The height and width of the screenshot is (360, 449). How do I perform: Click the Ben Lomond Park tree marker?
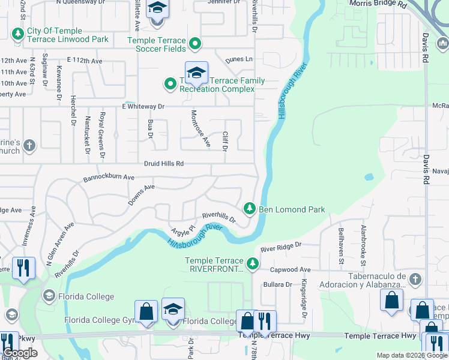click(x=250, y=209)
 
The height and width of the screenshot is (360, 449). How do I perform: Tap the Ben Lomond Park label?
click(x=292, y=209)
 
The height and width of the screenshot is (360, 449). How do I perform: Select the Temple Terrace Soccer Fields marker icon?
click(x=194, y=43)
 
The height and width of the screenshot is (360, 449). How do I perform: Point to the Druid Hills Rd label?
click(x=163, y=164)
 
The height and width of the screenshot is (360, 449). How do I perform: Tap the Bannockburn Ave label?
click(x=109, y=178)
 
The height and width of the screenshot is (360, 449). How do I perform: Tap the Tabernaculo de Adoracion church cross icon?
click(x=415, y=278)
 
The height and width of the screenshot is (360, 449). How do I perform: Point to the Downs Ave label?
click(x=141, y=194)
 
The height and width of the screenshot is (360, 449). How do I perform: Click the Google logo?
click(x=20, y=353)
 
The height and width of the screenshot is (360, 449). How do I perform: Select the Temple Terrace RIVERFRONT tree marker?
click(x=253, y=263)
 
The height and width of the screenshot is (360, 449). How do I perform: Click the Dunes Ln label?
click(x=239, y=59)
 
